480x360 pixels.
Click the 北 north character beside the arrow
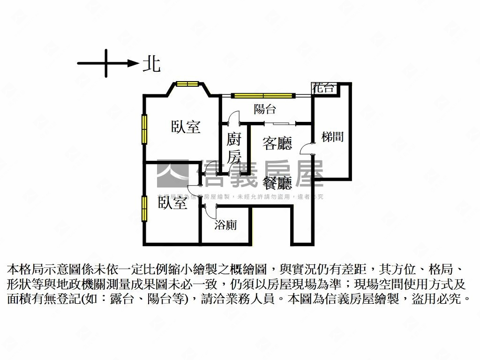[x=151, y=64]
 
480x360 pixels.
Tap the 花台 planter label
[x=324, y=88]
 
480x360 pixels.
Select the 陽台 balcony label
[x=265, y=109]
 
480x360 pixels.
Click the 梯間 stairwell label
[x=332, y=137]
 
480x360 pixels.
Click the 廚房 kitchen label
[x=234, y=148]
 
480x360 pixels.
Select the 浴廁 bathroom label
[x=225, y=225]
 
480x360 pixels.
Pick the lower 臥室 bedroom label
[x=172, y=203]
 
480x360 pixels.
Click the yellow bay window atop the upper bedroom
[x=188, y=84]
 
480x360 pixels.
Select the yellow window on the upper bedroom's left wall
[x=145, y=129]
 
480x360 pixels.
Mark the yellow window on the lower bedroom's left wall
[x=145, y=208]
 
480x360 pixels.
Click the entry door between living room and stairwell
[x=308, y=148]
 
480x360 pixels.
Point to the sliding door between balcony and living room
[x=280, y=123]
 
